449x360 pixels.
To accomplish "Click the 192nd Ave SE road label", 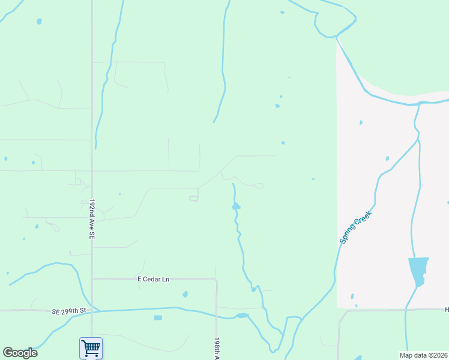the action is click(92, 220).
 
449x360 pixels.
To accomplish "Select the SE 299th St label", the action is click(69, 311).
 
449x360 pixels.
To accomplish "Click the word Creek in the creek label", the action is click(364, 217).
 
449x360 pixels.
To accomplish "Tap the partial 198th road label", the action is click(217, 347).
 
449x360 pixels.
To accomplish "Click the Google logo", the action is click(20, 353).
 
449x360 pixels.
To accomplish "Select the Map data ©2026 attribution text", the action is click(423, 355).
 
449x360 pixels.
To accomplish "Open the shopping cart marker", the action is click(91, 347).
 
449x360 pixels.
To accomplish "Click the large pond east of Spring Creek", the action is click(418, 270).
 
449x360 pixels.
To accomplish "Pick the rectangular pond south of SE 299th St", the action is click(158, 317).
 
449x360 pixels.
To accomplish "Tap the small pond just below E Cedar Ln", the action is click(185, 295).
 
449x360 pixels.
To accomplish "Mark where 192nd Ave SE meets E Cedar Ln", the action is click(92, 278).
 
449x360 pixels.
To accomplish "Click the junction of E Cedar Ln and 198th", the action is click(215, 280).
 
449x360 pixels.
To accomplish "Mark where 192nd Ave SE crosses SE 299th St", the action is click(92, 311).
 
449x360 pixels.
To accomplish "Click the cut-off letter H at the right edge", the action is click(446, 310).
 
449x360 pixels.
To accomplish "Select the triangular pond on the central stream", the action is click(236, 206).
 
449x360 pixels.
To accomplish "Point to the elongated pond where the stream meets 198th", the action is click(242, 316).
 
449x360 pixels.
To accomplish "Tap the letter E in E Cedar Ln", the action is click(139, 279).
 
